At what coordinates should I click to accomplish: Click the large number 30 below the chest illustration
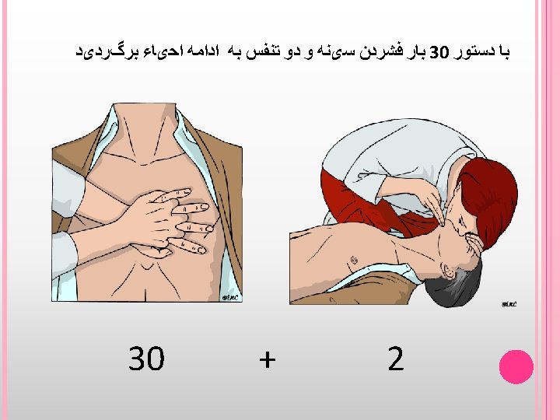click(x=146, y=358)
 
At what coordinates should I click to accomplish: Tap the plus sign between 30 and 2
click(x=267, y=359)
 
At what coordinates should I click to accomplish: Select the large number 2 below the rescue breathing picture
click(x=396, y=359)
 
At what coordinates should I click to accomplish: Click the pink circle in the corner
click(x=516, y=367)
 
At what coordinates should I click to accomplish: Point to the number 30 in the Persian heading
click(x=439, y=53)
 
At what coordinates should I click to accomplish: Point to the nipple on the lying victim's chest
click(x=354, y=259)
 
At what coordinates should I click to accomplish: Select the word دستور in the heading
click(x=472, y=52)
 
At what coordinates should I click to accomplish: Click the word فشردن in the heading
click(x=380, y=52)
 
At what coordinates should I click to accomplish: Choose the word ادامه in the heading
click(x=201, y=52)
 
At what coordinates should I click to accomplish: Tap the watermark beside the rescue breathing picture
click(x=509, y=304)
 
